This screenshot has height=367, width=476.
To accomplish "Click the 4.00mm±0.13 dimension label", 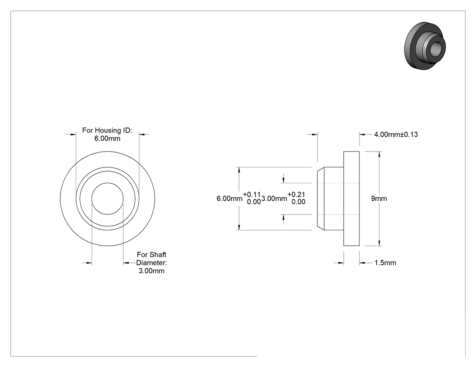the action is [x=396, y=134].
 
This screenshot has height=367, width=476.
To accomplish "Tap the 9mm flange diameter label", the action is [x=379, y=199].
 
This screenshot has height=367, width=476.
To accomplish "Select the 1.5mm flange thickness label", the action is [x=385, y=263].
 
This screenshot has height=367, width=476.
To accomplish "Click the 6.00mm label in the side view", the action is [x=229, y=199].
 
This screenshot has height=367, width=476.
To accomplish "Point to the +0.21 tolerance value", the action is [x=296, y=195].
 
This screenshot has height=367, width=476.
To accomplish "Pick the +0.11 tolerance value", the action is [x=252, y=195].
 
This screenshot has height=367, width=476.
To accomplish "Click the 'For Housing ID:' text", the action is [x=107, y=130].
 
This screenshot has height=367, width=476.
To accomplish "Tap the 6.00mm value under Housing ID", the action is [x=107, y=138].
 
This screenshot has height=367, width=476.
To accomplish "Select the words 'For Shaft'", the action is [x=151, y=255].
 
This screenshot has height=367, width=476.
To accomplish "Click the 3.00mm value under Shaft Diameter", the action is [x=151, y=271].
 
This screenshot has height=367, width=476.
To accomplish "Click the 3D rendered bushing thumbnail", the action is [x=425, y=46].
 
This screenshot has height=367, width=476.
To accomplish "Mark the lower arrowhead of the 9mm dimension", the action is [x=379, y=243].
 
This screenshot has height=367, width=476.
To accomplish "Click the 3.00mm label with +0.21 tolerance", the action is [x=274, y=199].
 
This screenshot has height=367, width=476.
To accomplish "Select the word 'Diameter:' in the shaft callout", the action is [x=151, y=263].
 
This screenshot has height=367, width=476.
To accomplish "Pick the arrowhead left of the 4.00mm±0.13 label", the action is [x=362, y=134].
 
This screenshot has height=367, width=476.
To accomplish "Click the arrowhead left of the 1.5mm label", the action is [x=362, y=263].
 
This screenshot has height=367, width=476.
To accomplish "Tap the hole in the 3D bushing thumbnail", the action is [x=436, y=48].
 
